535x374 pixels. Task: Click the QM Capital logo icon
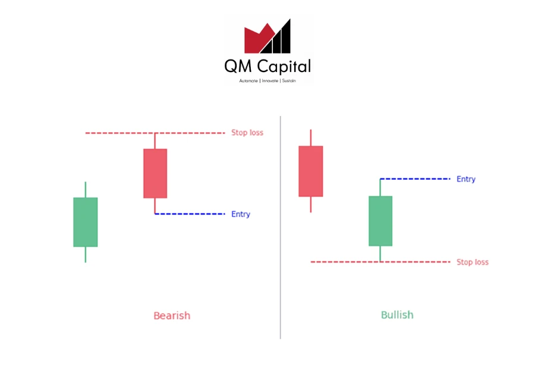[267, 36]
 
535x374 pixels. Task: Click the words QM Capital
[267, 66]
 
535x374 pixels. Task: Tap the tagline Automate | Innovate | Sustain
[267, 80]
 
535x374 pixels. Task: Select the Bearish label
[172, 316]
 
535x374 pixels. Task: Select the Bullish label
[397, 315]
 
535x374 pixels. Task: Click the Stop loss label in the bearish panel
[247, 133]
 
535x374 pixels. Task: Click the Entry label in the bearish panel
[241, 214]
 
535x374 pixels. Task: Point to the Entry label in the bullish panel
[465, 179]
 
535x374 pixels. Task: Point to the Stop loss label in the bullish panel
[473, 262]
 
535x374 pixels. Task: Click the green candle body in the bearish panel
[85, 222]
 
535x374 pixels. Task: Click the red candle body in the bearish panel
[155, 173]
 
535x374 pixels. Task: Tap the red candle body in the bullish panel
[311, 172]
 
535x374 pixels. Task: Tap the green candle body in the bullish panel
[380, 221]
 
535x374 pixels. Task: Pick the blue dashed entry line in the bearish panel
[190, 214]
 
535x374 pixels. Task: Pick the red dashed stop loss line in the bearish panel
[155, 133]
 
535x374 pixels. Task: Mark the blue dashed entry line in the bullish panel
[416, 179]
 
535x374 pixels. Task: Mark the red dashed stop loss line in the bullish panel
[380, 262]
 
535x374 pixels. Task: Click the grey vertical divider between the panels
[281, 227]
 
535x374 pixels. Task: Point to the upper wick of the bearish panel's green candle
[85, 190]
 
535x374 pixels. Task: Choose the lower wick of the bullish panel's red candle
[311, 204]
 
